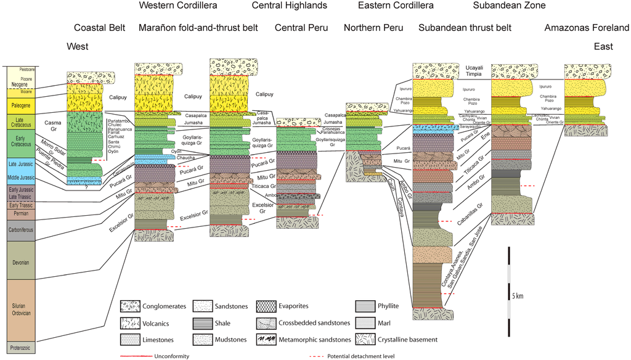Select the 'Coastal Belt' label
coord(99,28)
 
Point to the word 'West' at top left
coord(78,47)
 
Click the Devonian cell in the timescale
coord(21,260)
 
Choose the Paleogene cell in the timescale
coord(21,105)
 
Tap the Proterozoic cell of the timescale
coord(21,348)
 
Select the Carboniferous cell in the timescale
coord(21,231)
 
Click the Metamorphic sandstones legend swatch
coord(269,339)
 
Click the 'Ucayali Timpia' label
coord(473,70)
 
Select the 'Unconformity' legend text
coord(171,356)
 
